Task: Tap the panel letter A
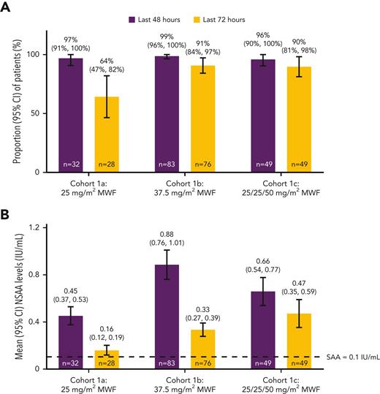6,7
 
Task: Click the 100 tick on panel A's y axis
49,55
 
